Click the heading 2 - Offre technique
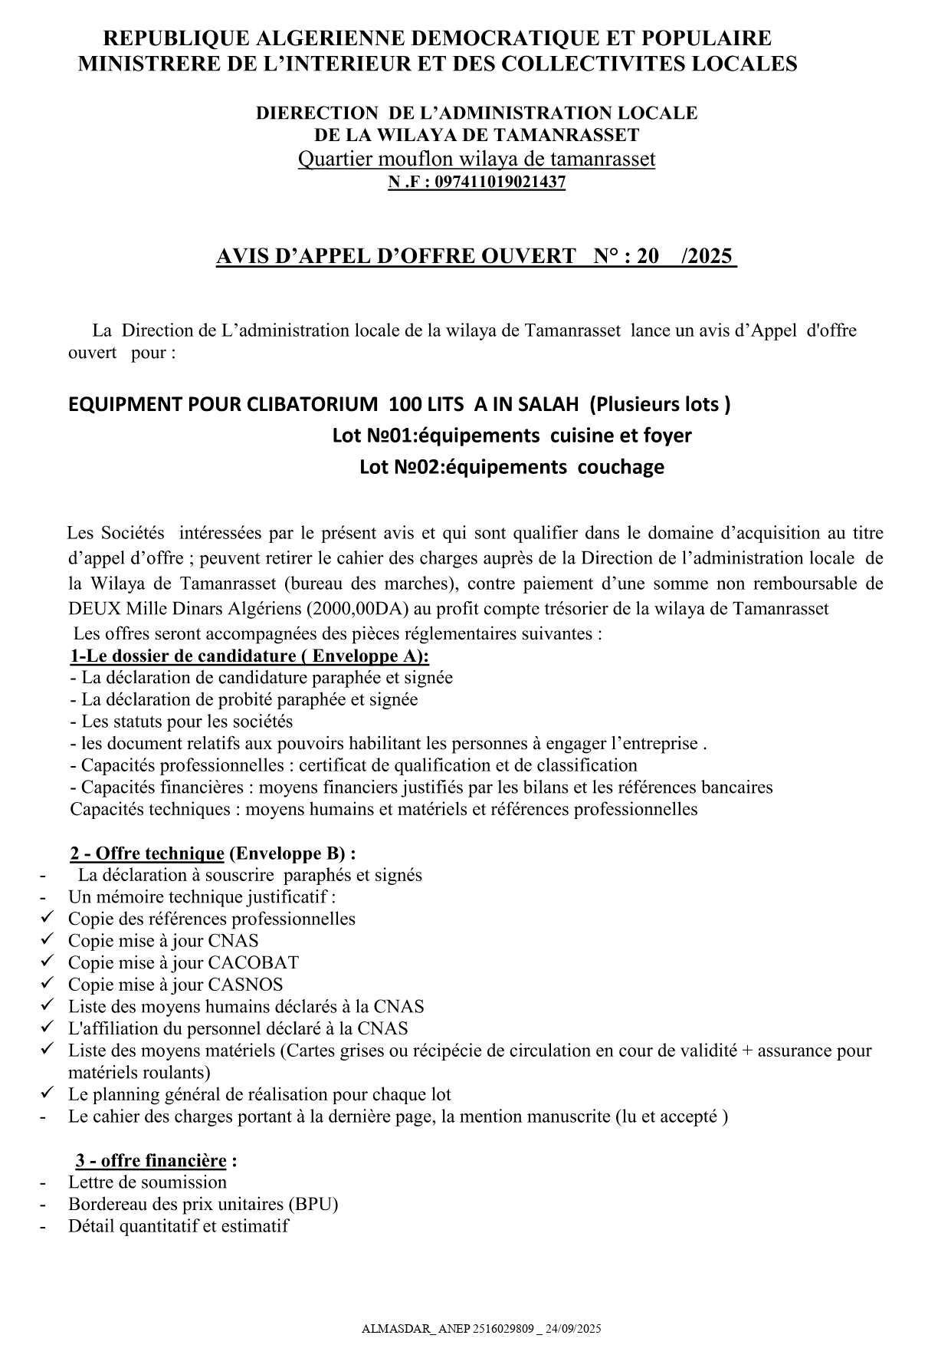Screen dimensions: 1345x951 click(x=147, y=853)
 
